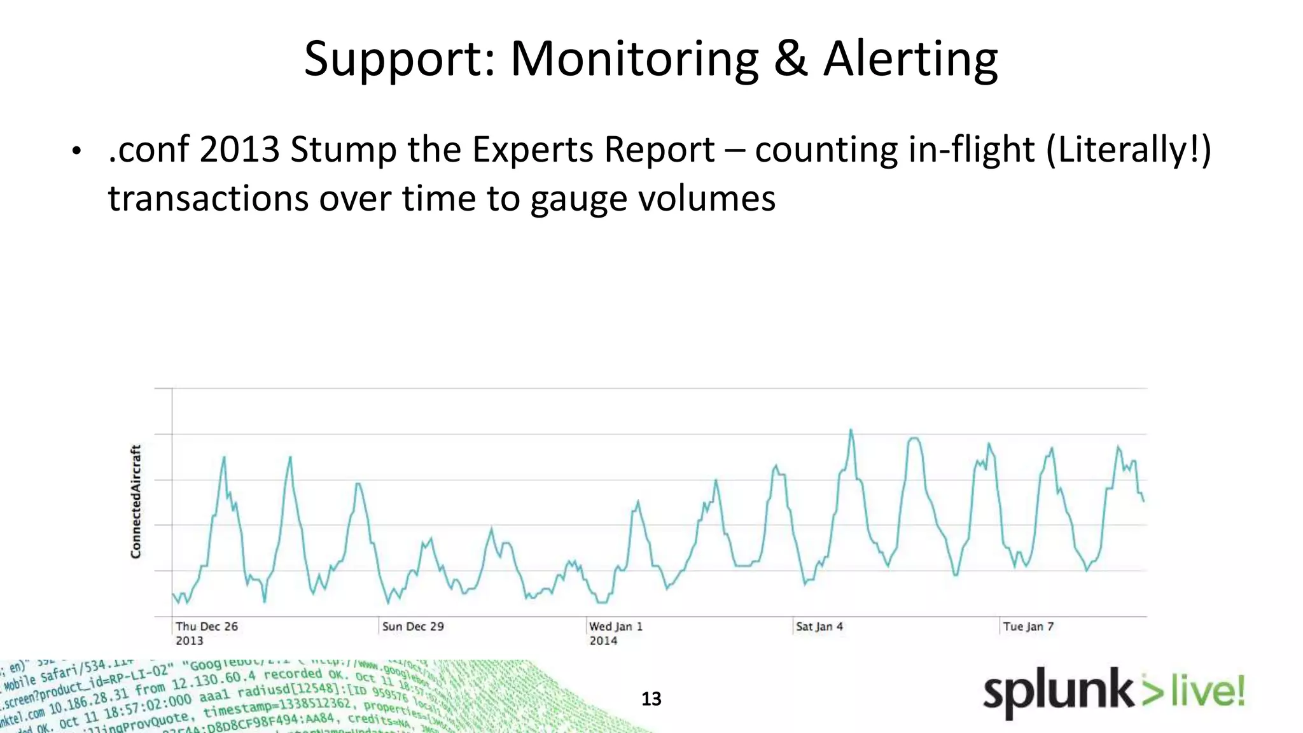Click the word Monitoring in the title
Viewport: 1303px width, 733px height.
pyautogui.click(x=634, y=60)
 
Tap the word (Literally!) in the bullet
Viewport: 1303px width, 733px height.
pyautogui.click(x=1129, y=150)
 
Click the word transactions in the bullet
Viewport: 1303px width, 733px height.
pyautogui.click(x=208, y=199)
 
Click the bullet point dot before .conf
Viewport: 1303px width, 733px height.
pyautogui.click(x=76, y=151)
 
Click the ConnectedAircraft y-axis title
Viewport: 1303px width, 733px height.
pyautogui.click(x=136, y=501)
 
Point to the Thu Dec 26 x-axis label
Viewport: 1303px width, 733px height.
pyautogui.click(x=207, y=627)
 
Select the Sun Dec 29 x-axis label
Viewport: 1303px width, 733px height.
pyautogui.click(x=413, y=627)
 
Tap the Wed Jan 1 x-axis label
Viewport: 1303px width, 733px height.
pyautogui.click(x=616, y=627)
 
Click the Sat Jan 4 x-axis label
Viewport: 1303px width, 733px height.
pyautogui.click(x=819, y=627)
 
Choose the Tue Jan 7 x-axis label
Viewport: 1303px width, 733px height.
pyautogui.click(x=1028, y=627)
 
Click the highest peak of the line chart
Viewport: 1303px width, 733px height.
pyautogui.click(x=851, y=430)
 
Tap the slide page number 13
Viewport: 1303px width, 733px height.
pyautogui.click(x=651, y=699)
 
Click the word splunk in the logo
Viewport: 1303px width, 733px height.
pyautogui.click(x=1057, y=692)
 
